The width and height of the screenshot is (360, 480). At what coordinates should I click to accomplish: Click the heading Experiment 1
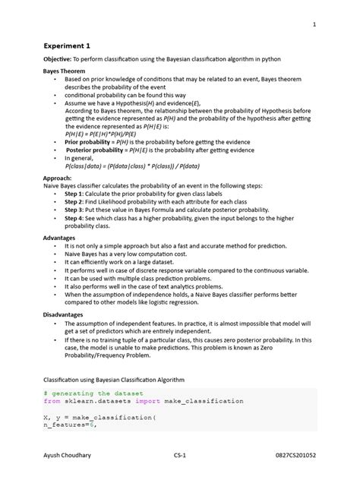[x=67, y=45]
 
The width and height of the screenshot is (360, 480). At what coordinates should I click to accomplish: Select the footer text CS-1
[x=180, y=454]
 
